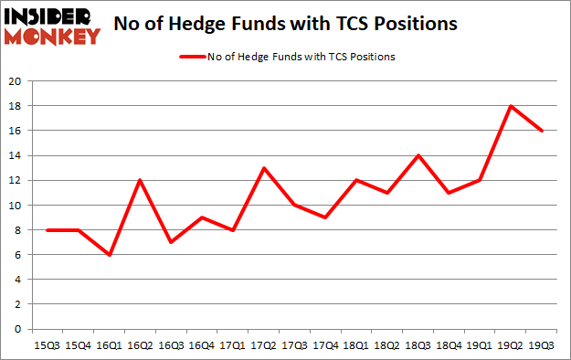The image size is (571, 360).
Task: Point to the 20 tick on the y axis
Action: [16, 81]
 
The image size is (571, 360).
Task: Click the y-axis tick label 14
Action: [16, 155]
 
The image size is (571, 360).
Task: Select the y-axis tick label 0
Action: [18, 329]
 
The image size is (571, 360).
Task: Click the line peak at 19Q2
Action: [513, 106]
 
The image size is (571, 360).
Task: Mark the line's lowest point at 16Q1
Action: [111, 255]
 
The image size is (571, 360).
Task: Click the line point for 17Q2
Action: [264, 168]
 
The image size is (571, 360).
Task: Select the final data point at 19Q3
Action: [543, 131]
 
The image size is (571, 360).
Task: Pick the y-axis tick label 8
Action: [18, 230]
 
